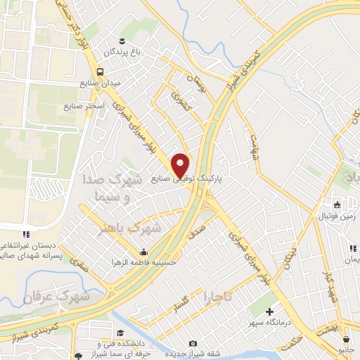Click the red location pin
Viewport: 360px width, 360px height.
coord(181,165)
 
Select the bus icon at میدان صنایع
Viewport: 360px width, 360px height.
coord(101,71)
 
